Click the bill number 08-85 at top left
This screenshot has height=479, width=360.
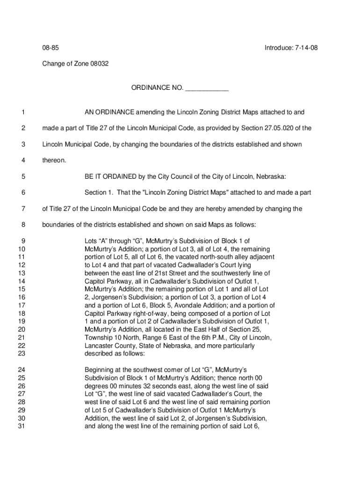point(50,48)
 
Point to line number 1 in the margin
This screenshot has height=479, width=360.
point(22,112)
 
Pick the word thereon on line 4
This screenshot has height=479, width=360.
point(54,160)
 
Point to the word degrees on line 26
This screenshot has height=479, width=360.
point(95,386)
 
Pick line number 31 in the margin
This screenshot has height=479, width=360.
point(21,426)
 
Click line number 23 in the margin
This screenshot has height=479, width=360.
point(21,354)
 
